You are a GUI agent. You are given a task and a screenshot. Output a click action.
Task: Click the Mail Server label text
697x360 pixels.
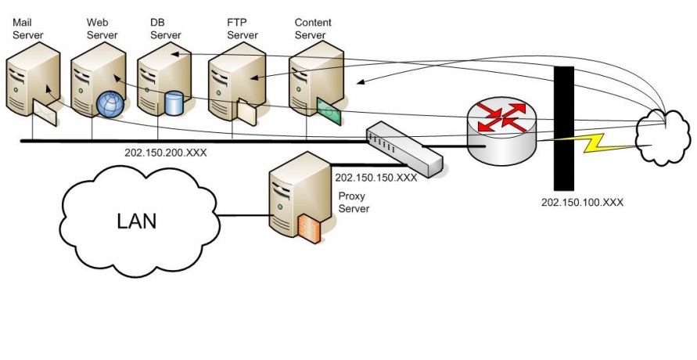[x=28, y=29]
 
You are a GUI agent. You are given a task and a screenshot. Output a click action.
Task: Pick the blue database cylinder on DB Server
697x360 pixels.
[x=174, y=102]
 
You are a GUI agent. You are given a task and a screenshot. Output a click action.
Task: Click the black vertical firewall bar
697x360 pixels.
[x=564, y=128]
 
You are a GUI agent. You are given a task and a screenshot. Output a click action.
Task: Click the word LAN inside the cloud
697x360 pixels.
[x=137, y=221]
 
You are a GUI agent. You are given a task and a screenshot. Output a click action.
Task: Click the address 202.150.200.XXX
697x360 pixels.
[x=165, y=153]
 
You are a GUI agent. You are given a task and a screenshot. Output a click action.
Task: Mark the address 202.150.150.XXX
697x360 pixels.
[x=375, y=178]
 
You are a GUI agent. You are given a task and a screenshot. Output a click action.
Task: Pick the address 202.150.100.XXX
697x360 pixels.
[x=582, y=202]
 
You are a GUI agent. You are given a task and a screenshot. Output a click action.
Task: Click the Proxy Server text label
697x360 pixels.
[x=353, y=203]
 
